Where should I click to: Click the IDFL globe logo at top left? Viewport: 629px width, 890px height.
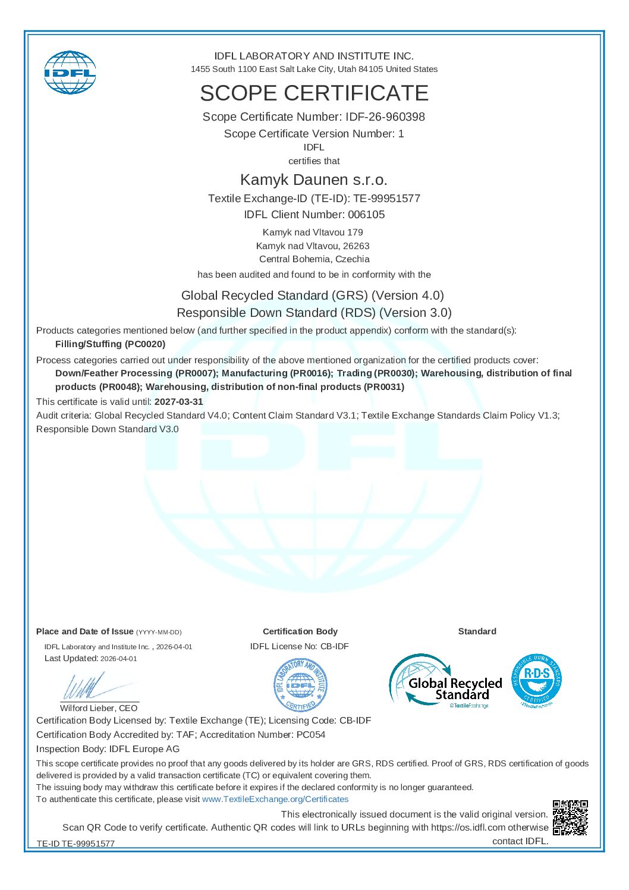70,73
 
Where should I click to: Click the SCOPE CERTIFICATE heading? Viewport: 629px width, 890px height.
314,93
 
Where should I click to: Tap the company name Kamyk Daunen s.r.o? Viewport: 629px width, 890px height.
314,180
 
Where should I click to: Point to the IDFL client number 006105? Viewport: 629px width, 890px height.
366,215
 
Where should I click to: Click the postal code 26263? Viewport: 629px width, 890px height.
356,246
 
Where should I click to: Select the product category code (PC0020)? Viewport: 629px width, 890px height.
145,344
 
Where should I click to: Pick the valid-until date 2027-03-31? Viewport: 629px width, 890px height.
179,402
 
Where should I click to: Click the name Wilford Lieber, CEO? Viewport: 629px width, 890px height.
99,708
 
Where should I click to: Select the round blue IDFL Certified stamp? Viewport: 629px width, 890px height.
300,685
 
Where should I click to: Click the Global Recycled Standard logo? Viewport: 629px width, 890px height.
446,682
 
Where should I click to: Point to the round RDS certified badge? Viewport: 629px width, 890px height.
536,681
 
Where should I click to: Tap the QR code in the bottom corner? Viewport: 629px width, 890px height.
570,817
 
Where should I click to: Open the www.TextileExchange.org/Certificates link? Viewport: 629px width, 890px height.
275,800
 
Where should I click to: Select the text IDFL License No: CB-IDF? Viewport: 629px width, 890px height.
300,647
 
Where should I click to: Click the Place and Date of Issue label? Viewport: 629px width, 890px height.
85,632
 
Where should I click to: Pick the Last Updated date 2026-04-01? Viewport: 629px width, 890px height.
119,659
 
